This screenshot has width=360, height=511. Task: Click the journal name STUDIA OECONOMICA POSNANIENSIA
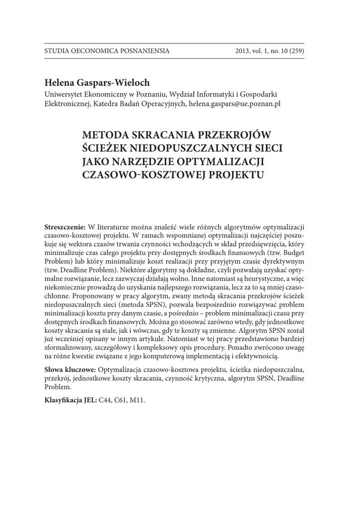coord(107,51)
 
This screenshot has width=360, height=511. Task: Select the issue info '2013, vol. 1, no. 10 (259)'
coord(270,51)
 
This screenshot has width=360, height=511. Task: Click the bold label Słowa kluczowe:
coord(70,370)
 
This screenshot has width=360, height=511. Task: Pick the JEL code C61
coord(125,401)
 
